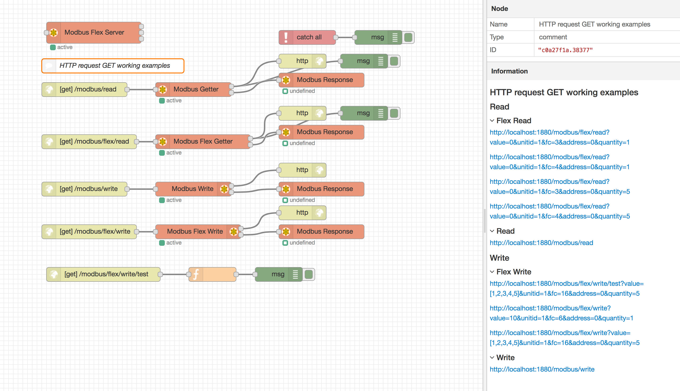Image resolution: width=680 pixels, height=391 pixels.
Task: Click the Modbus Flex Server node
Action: coord(94,32)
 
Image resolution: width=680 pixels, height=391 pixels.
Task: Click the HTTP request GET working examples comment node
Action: coord(115,66)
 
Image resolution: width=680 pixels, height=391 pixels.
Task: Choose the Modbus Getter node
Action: coord(196,89)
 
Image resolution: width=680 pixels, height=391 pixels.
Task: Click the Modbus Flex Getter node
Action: coord(203,141)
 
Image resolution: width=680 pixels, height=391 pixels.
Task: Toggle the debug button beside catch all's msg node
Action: coord(408,37)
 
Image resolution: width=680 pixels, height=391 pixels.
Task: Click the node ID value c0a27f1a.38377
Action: coord(565,50)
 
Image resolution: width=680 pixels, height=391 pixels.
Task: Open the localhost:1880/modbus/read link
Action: coord(541,243)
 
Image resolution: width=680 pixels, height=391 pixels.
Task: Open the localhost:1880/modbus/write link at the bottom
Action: coord(542,369)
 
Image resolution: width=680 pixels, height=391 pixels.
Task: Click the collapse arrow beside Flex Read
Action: coord(492,121)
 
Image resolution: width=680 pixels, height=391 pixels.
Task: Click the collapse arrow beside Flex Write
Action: coord(492,272)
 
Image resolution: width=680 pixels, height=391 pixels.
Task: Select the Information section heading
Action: coord(509,71)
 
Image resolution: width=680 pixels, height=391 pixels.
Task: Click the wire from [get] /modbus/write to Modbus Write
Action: coord(141,189)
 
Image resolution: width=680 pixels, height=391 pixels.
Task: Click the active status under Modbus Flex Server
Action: coord(64,47)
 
